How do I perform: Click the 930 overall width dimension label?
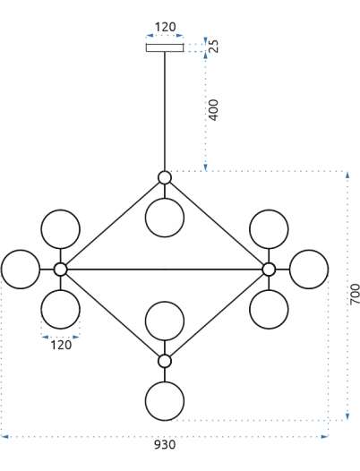[x=165, y=444]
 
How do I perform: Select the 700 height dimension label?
[x=355, y=294]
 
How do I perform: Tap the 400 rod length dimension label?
[x=213, y=110]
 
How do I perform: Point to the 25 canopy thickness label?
[x=214, y=46]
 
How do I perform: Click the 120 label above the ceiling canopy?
[x=165, y=27]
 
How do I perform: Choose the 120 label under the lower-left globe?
[x=61, y=345]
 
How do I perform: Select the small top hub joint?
[x=165, y=177]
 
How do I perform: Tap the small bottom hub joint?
[x=165, y=361]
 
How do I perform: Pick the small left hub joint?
[x=60, y=270]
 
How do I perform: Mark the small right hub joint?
[x=269, y=270]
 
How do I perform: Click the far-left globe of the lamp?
[x=21, y=270]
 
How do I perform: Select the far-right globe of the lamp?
[x=309, y=270]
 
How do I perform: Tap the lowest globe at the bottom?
[x=165, y=401]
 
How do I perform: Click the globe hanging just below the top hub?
[x=165, y=218]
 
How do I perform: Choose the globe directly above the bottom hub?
[x=165, y=321]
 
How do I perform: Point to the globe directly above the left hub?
[x=60, y=229]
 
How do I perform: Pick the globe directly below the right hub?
[x=269, y=310]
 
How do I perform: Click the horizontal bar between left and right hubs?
[x=165, y=270]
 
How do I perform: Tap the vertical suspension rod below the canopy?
[x=165, y=111]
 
